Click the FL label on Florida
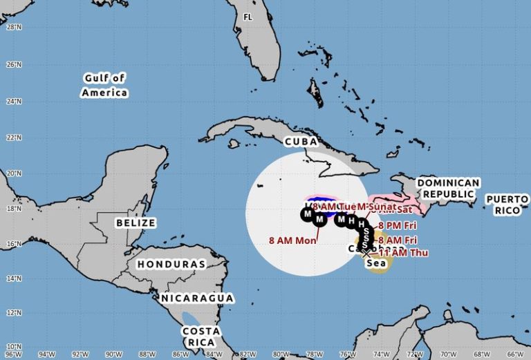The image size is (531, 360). coord(248,17)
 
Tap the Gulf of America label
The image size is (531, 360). coord(104,85)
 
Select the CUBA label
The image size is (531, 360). coord(300,142)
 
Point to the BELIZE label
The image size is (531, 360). coord(136,223)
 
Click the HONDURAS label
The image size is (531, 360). coord(171,264)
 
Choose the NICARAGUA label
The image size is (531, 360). coord(197,298)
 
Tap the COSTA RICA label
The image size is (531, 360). coord(201,336)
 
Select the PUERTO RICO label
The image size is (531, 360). coord(507,204)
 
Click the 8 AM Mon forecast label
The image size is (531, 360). coord(292,240)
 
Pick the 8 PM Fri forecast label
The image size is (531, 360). coord(398,225)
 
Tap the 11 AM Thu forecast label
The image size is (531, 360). coord(404,253)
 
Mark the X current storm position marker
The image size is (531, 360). coord(366,254)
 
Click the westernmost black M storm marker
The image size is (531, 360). coord(307,214)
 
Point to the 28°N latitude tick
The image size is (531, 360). coord(12,28)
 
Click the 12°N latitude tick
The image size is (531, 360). coord(12,312)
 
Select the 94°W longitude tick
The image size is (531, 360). coord(47,354)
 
